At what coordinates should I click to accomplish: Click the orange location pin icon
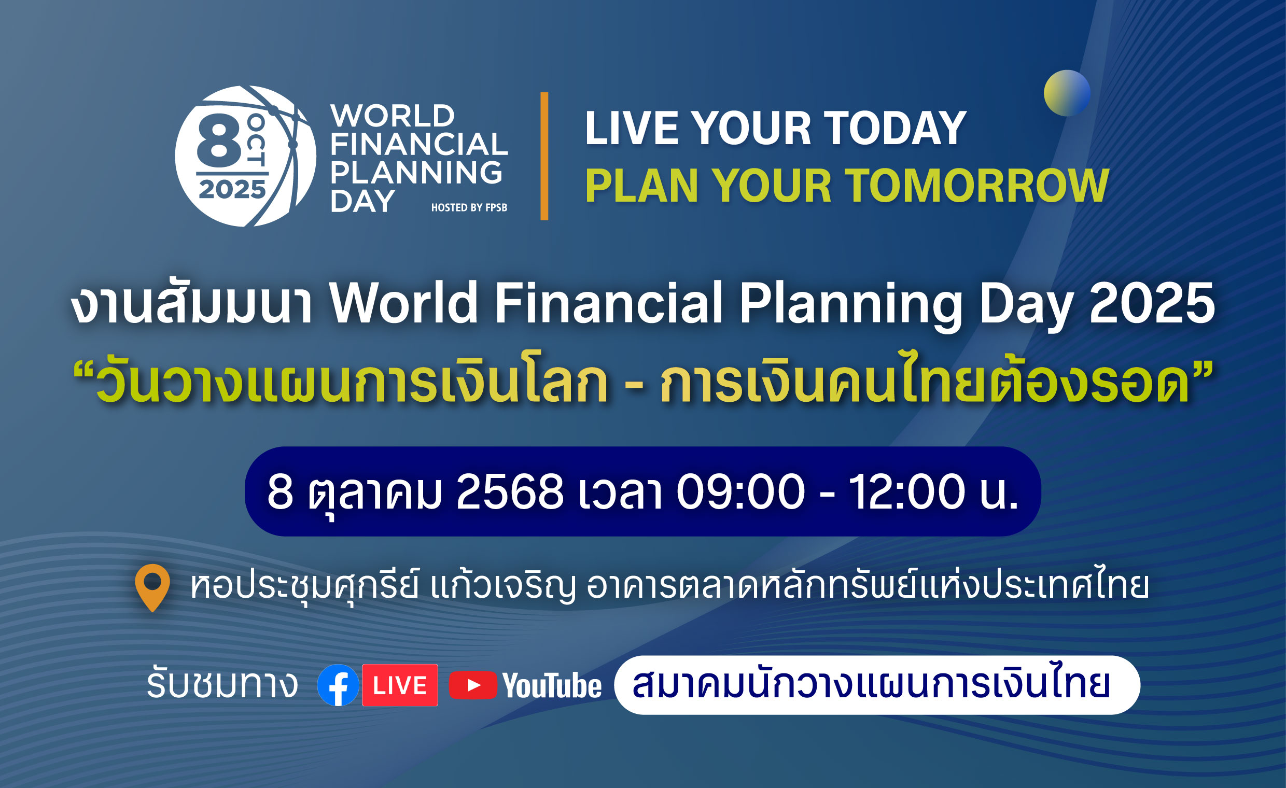[x=152, y=586]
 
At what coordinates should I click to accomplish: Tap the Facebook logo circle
[x=338, y=685]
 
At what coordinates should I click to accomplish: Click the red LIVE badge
[x=400, y=685]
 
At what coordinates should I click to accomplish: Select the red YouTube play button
[x=473, y=685]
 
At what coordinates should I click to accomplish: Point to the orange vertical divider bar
[x=544, y=156]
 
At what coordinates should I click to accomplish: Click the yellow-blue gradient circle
[x=1067, y=93]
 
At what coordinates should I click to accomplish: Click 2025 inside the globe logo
[x=232, y=189]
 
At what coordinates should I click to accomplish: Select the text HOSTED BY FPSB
[x=469, y=208]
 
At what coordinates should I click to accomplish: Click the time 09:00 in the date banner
[x=740, y=491]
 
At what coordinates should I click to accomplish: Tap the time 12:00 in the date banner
[x=907, y=491]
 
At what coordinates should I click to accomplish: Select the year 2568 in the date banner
[x=510, y=491]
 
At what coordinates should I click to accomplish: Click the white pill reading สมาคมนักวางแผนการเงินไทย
[x=877, y=685]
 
